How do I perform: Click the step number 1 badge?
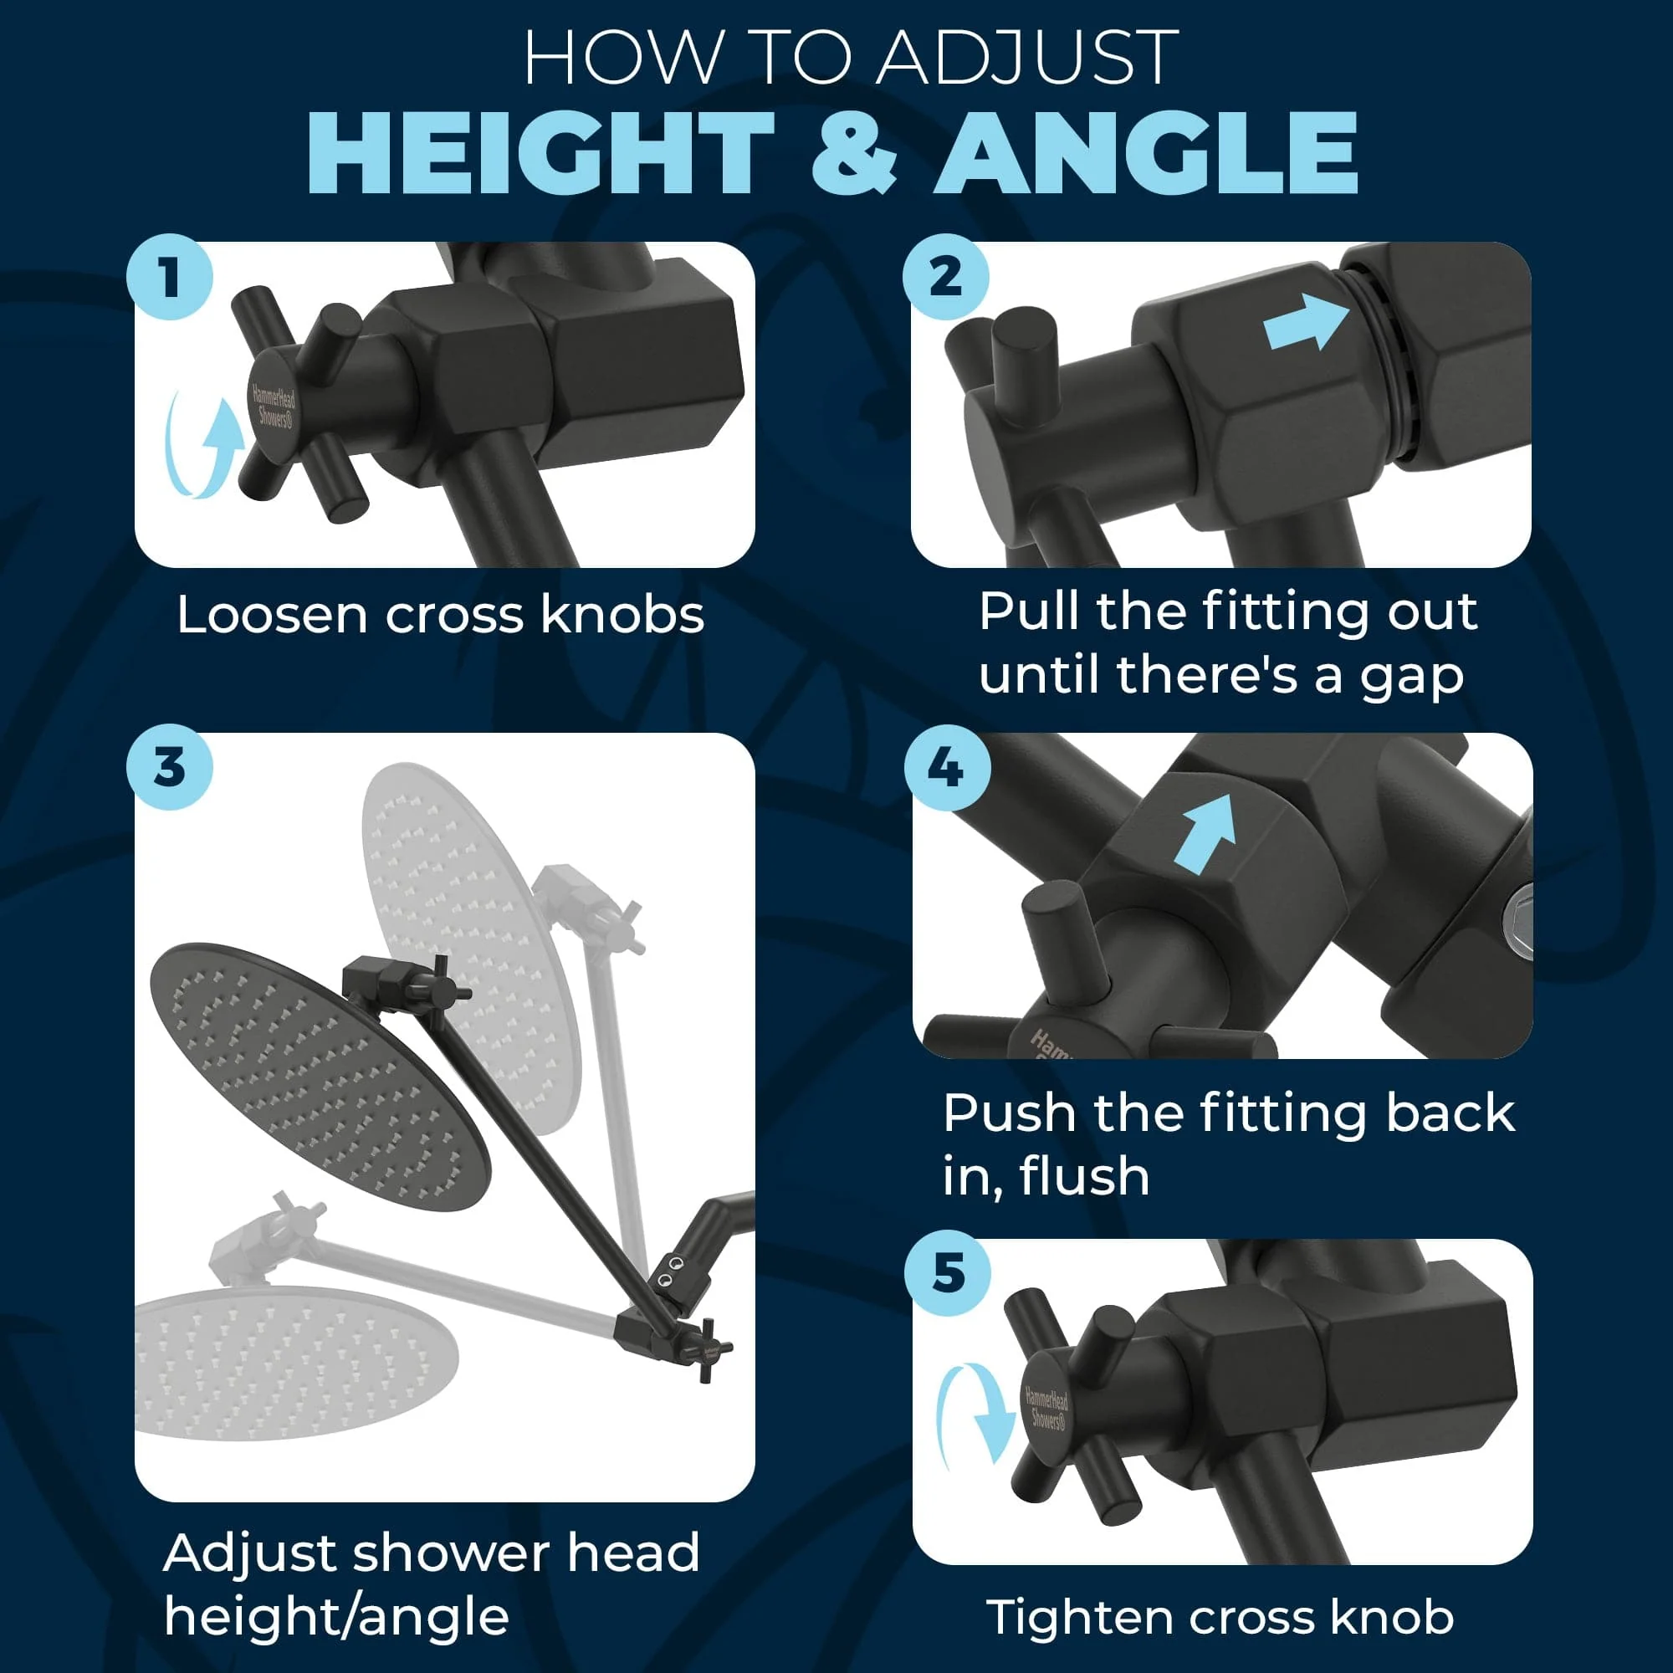click(170, 277)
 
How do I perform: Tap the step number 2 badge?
click(945, 277)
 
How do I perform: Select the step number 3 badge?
click(170, 767)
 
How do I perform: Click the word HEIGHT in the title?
click(540, 153)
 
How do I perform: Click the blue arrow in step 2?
click(1305, 321)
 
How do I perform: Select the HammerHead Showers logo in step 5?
click(1047, 1409)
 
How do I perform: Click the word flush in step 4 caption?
click(1083, 1176)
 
